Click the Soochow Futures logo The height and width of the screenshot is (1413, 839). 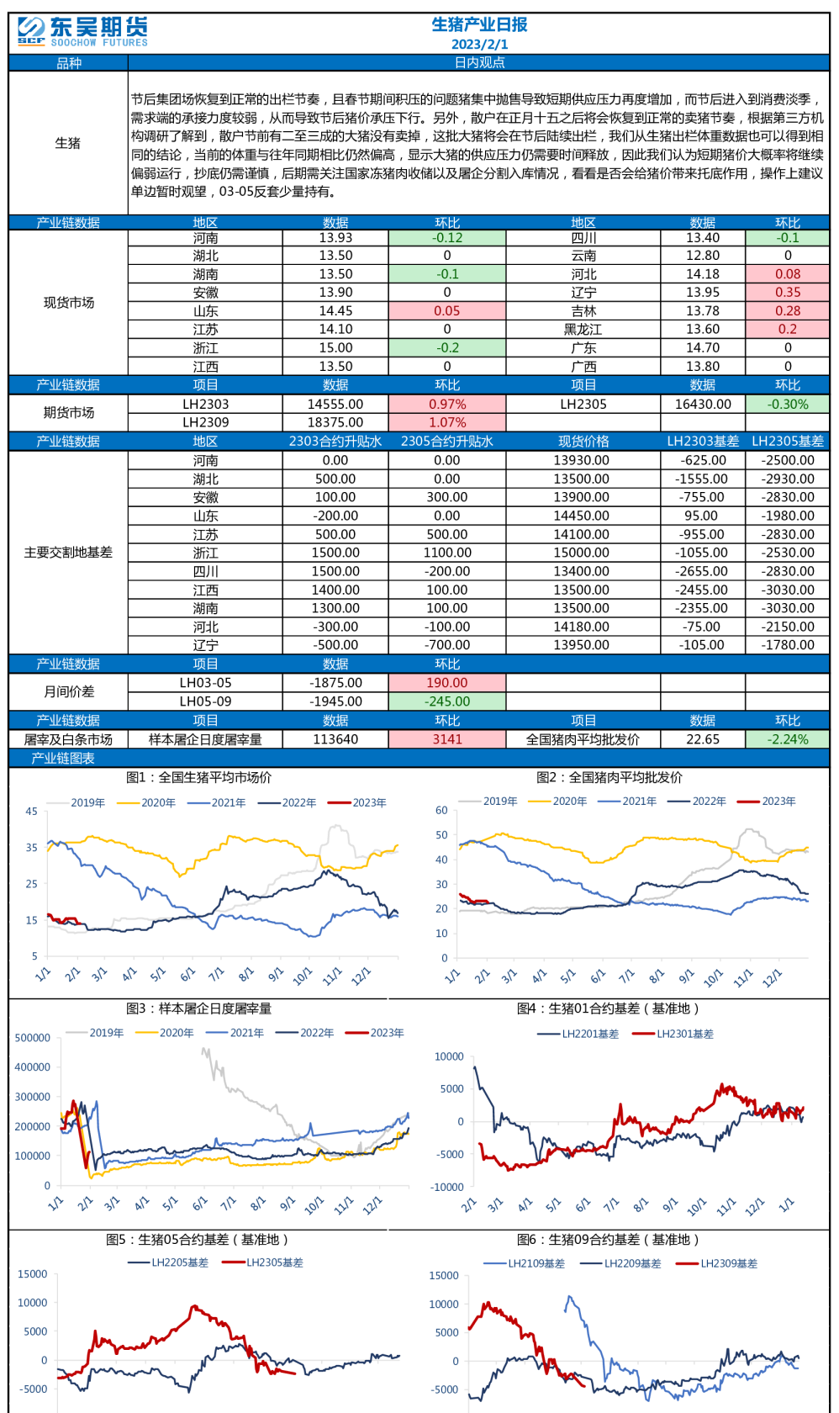click(x=82, y=31)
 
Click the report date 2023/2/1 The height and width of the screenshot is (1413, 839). click(x=479, y=45)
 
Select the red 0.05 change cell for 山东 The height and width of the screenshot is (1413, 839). click(x=446, y=311)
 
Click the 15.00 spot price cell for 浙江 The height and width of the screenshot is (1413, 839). click(x=335, y=348)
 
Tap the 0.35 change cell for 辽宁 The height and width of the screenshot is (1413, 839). click(x=787, y=293)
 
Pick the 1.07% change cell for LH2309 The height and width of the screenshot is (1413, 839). click(x=446, y=423)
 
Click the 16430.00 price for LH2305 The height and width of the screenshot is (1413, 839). click(x=703, y=405)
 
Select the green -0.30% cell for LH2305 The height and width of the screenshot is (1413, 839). click(x=787, y=405)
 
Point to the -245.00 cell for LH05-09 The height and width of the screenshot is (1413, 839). click(x=446, y=701)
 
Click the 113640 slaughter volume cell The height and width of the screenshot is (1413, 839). click(x=335, y=739)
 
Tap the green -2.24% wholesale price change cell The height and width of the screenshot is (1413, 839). click(x=787, y=739)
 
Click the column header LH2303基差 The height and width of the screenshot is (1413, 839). click(x=703, y=442)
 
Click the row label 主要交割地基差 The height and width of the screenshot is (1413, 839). click(x=68, y=553)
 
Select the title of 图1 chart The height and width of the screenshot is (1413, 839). click(x=198, y=778)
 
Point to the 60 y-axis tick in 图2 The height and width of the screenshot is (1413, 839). click(x=441, y=811)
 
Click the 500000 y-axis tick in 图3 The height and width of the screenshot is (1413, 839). click(x=33, y=1038)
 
